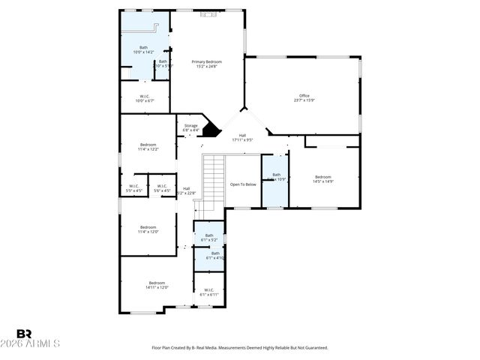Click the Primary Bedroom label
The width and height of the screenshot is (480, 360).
point(207,64)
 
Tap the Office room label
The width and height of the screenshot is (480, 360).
point(304,97)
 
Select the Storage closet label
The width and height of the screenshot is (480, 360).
point(190,127)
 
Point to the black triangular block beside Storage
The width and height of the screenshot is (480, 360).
point(213,130)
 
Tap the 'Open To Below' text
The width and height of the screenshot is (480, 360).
point(243,184)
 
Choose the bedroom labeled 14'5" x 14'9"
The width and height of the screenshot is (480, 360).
point(322,178)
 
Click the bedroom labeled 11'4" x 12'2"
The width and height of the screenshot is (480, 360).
point(148,146)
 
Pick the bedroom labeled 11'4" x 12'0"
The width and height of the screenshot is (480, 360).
point(148,229)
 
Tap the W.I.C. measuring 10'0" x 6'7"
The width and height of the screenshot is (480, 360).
point(145,97)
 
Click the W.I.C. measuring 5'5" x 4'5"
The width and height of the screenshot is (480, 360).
point(133,188)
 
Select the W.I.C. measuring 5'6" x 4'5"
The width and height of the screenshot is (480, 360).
point(162,188)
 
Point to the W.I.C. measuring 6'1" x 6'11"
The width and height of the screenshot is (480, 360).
point(208,292)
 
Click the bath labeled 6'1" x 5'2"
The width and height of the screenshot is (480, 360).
point(209,237)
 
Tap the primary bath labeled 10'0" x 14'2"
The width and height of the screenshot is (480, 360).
point(143,49)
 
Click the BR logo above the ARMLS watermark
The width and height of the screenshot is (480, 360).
point(24,334)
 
